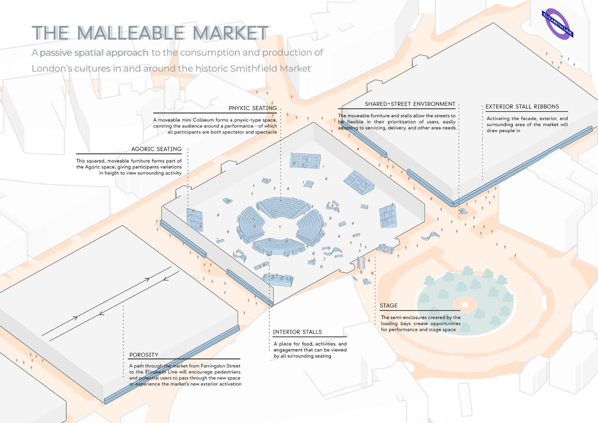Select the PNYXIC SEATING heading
253,108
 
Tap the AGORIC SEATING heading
156,149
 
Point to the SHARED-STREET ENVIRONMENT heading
410,104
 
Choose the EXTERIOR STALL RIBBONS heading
522,107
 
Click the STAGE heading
389,305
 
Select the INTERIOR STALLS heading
297,332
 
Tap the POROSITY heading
144,355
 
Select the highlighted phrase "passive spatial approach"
94,52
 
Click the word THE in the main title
50,33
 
